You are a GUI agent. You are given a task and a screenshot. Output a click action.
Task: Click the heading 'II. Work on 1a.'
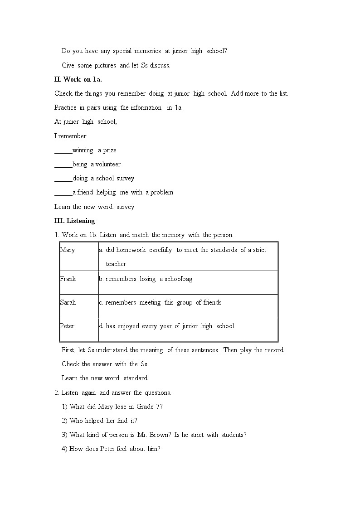pyautogui.click(x=78, y=79)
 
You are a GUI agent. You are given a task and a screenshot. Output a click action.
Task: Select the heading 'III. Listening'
pyautogui.click(x=74, y=221)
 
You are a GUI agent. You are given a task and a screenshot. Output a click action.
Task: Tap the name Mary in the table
pyautogui.click(x=68, y=250)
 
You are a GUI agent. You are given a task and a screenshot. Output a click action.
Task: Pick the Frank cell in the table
pyautogui.click(x=68, y=279)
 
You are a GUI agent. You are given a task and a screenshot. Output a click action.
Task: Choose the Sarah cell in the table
pyautogui.click(x=68, y=302)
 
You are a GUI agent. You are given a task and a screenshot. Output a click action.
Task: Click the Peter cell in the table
pyautogui.click(x=68, y=326)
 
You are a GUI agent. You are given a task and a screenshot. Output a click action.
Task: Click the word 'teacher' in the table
pyautogui.click(x=116, y=264)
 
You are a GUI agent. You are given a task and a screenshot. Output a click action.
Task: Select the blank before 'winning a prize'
pyautogui.click(x=63, y=150)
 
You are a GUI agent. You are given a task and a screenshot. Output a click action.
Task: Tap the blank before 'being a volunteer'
pyautogui.click(x=63, y=165)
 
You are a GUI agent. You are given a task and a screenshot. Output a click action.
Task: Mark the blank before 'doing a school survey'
pyautogui.click(x=63, y=179)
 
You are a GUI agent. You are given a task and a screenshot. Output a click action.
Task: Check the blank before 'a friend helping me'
pyautogui.click(x=63, y=193)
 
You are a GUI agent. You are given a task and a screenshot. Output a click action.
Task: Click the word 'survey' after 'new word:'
pyautogui.click(x=126, y=207)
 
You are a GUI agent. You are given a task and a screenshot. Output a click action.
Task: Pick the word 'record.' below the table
pyautogui.click(x=274, y=350)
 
